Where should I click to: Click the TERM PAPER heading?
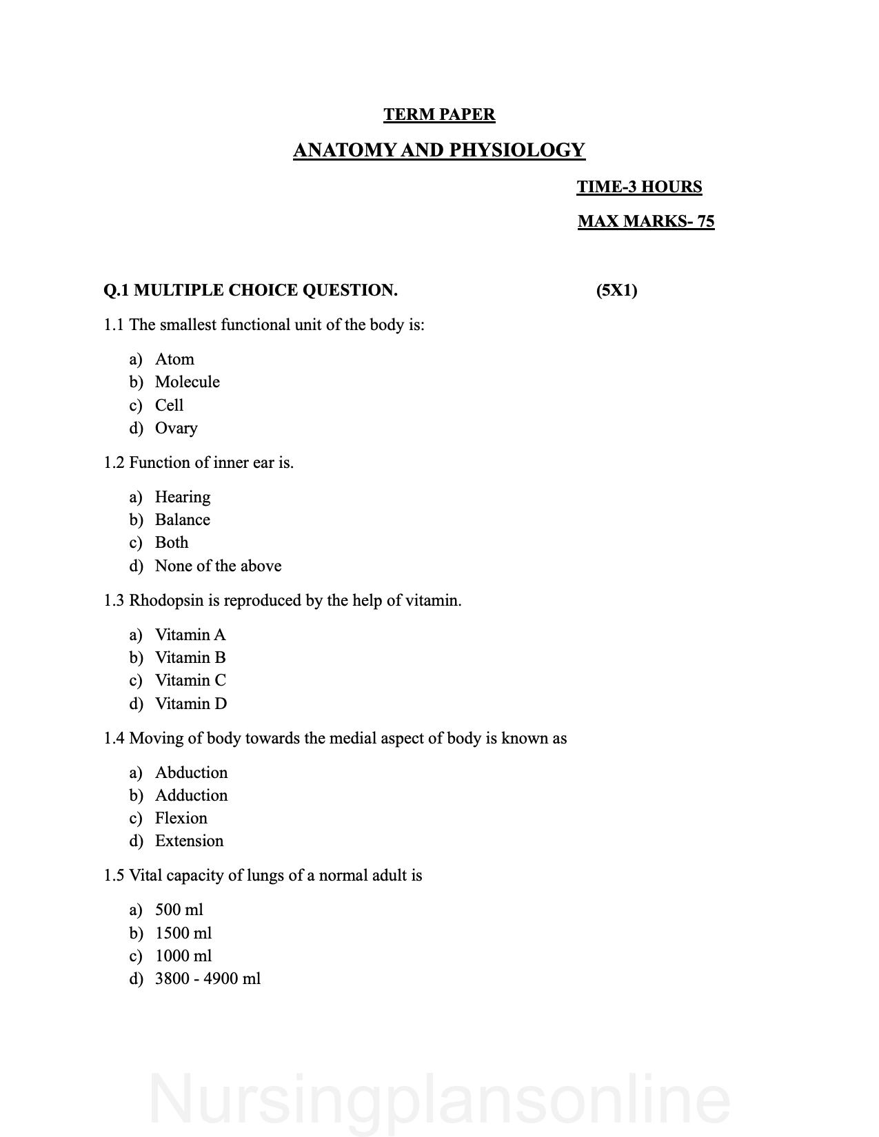point(439,114)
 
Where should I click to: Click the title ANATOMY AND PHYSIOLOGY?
point(439,150)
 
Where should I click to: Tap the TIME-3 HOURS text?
point(639,187)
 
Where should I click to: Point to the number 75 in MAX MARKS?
point(705,221)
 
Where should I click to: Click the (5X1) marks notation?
point(616,290)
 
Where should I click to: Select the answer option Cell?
point(169,405)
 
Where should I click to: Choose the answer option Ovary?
point(176,428)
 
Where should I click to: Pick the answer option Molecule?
point(187,382)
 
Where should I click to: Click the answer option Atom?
point(174,359)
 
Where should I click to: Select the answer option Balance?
point(182,520)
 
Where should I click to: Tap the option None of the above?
point(218,566)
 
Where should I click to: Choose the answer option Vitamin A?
point(190,635)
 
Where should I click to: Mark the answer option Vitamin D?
point(190,704)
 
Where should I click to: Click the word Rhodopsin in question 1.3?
point(166,600)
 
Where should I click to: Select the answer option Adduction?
point(191,795)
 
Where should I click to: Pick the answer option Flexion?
point(181,818)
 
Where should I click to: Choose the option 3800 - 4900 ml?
point(208,979)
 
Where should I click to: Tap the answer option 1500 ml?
point(183,933)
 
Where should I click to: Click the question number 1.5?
point(114,876)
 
